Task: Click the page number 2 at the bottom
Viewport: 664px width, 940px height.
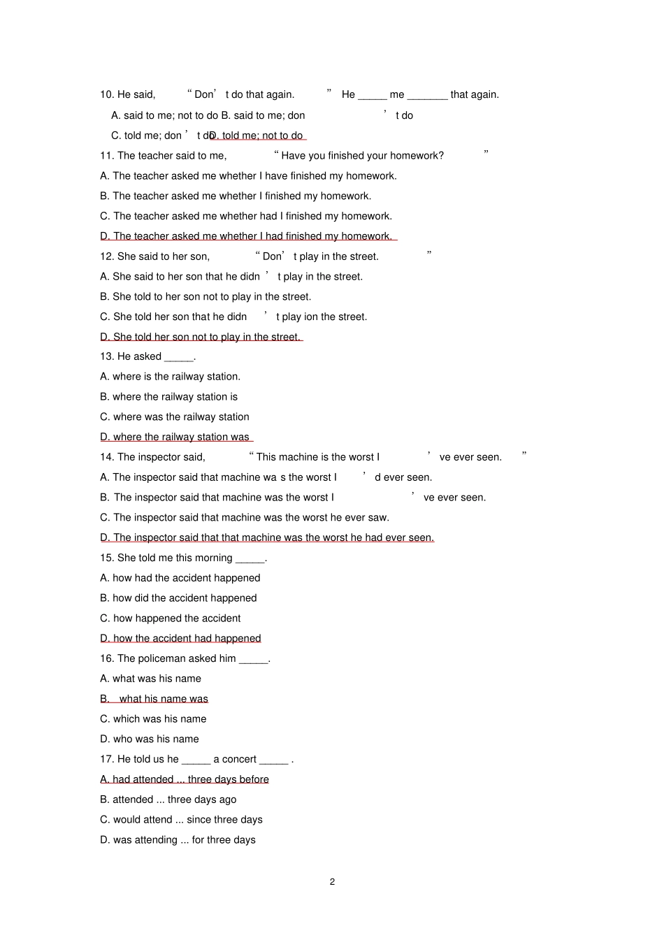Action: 332,881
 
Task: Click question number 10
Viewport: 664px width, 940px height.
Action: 107,94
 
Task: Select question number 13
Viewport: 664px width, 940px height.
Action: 107,356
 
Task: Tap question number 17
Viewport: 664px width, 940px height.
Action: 107,759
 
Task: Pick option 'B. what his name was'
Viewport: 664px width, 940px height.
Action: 154,699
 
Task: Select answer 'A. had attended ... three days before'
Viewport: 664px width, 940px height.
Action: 185,779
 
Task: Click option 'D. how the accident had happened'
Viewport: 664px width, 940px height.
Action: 180,638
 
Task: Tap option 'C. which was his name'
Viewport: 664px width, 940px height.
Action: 153,719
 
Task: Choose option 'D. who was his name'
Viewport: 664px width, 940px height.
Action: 150,739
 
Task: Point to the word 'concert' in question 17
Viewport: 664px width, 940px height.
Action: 240,759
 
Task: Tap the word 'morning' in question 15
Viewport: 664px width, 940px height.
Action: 214,558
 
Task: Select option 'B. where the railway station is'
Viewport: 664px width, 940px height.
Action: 168,397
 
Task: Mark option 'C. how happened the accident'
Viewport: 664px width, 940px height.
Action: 170,619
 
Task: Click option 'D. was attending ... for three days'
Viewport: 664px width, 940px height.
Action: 178,840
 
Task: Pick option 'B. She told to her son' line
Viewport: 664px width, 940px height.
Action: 205,296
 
